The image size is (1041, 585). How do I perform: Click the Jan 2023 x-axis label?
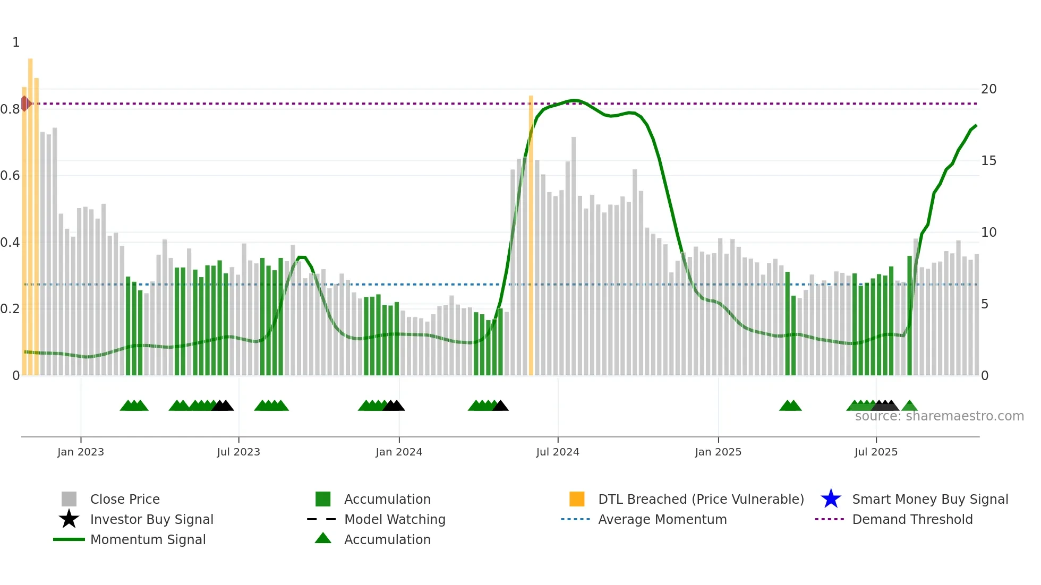(x=81, y=452)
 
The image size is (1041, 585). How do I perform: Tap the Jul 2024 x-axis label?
(x=557, y=452)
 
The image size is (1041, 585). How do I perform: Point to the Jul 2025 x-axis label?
(x=876, y=452)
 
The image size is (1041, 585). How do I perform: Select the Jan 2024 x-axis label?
(x=399, y=452)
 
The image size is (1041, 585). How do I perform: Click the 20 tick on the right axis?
(x=988, y=89)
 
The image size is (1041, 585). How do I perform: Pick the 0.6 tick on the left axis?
(x=11, y=176)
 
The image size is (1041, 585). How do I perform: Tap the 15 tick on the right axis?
(x=988, y=161)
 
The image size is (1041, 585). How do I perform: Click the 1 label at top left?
(x=16, y=42)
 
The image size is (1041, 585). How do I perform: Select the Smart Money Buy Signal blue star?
(x=831, y=499)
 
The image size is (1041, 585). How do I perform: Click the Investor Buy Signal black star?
(x=69, y=519)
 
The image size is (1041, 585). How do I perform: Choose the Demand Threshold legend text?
(x=912, y=519)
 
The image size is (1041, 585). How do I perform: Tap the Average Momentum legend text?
(x=662, y=519)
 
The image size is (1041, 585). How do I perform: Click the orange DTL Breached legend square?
(x=577, y=499)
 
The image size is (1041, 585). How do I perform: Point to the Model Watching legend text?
(x=395, y=519)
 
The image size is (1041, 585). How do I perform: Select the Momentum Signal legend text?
(x=148, y=539)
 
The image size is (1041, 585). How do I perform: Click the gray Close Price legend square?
(x=69, y=499)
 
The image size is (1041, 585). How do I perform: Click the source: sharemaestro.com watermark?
(x=939, y=416)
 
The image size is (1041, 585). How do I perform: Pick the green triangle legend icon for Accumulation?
(x=323, y=538)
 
